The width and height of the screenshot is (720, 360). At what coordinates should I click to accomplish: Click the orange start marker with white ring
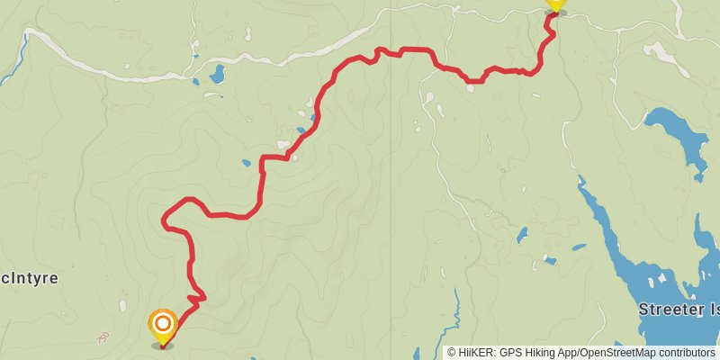coord(162,325)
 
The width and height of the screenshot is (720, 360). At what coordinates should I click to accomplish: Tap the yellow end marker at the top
coord(555,4)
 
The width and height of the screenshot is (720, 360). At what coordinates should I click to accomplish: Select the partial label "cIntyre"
coord(30,279)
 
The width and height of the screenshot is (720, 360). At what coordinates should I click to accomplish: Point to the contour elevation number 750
coord(103,337)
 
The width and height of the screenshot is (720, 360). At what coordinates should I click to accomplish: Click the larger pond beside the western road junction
coord(217,74)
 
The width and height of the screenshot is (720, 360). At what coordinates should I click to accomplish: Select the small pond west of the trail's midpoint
coord(245,164)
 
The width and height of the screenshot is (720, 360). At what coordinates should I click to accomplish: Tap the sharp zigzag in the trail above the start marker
coord(197,296)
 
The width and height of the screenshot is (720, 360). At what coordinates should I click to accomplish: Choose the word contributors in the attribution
coord(685,353)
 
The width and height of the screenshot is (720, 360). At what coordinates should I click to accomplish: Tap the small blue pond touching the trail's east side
coord(313,117)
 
